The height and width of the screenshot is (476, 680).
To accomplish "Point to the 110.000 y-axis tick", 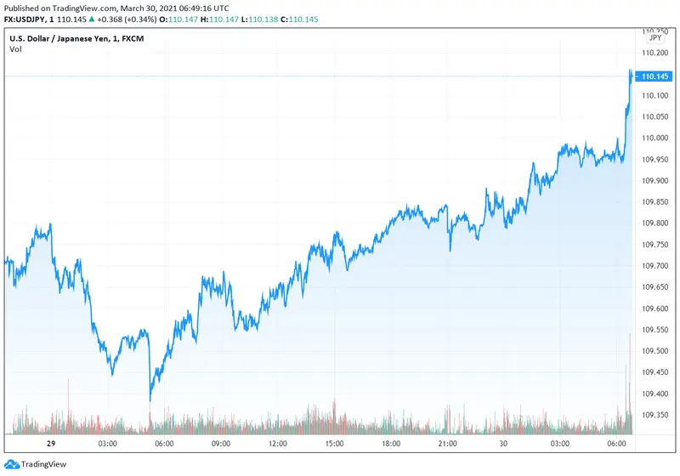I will pos(654,138).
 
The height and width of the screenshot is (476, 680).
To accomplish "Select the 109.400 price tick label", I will pos(654,394).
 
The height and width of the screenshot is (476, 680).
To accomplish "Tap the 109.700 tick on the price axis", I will pos(654,266).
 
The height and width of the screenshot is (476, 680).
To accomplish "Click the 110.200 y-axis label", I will pos(654,53).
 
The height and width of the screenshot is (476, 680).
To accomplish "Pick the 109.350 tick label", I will pos(654,416).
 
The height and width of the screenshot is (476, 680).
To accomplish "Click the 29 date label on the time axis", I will pos(50,444).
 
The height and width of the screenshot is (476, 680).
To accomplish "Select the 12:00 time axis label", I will pos(278,444).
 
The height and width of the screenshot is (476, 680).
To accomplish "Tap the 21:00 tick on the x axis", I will pos(448,444).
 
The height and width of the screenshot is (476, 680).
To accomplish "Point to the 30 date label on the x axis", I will pos(505,444).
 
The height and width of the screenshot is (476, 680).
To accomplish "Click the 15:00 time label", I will pos(335,444).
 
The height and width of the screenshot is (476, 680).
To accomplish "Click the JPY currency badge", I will pos(654,38).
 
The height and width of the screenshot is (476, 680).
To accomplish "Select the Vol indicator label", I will pos(15,49).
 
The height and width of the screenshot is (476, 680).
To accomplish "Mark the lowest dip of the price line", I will pos(150,400).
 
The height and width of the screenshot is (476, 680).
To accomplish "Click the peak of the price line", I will pos(630,70).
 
